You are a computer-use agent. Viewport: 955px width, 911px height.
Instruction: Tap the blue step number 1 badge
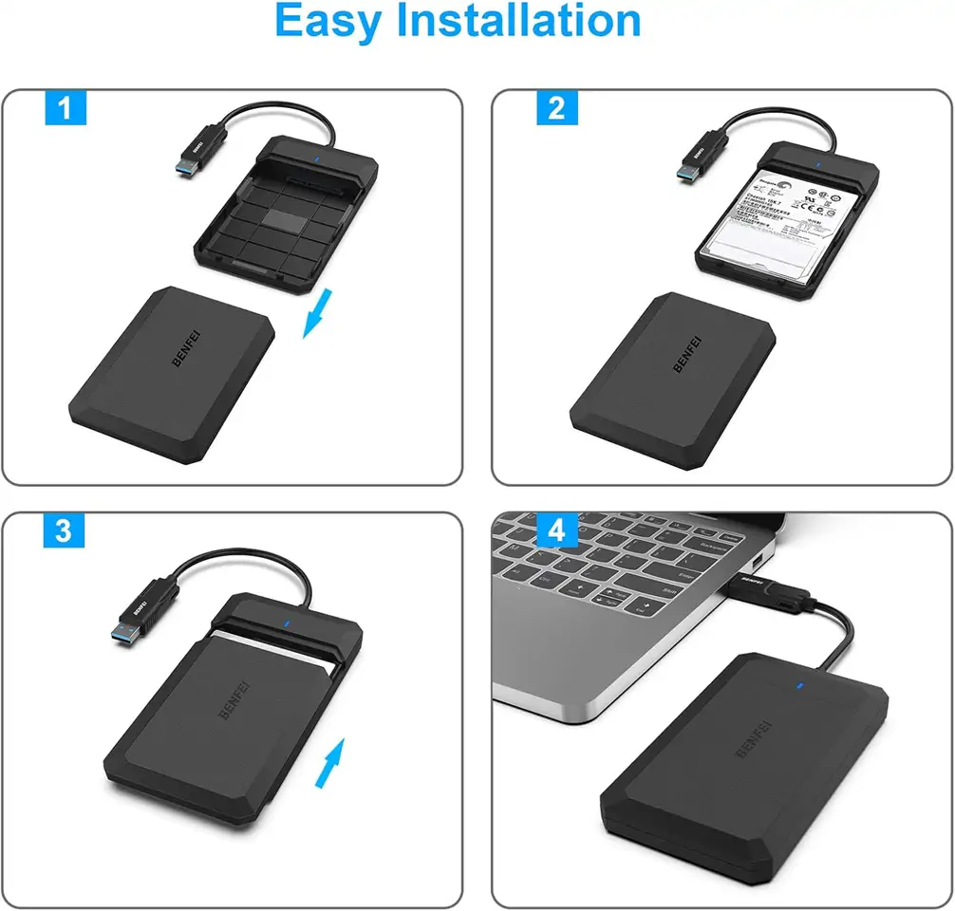66,108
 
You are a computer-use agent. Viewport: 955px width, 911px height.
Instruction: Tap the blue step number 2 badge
557,108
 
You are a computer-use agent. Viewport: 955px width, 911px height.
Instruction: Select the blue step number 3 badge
63,530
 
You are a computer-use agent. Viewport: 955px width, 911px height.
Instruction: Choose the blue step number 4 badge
557,530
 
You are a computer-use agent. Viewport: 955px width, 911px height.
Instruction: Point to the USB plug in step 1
195,157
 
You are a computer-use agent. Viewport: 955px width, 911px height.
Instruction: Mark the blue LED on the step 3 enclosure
286,624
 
